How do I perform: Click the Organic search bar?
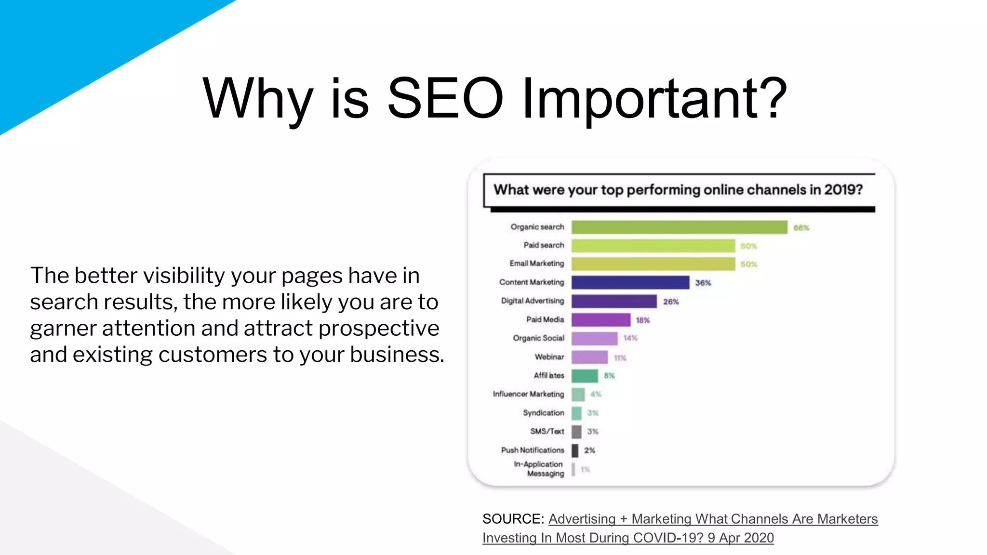(x=679, y=227)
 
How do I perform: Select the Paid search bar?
(x=653, y=246)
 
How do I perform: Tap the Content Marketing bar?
(x=630, y=282)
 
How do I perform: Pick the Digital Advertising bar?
(x=614, y=301)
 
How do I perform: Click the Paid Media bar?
(x=601, y=319)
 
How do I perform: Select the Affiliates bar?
(x=585, y=375)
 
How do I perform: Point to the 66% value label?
(x=801, y=228)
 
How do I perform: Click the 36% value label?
(x=703, y=283)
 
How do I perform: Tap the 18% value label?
(x=642, y=320)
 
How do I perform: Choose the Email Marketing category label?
(x=536, y=264)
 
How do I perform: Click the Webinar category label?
(x=549, y=357)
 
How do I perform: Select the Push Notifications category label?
(x=532, y=450)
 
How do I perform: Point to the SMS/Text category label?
(x=547, y=431)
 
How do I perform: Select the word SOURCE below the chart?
(x=513, y=519)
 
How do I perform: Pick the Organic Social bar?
(x=594, y=338)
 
